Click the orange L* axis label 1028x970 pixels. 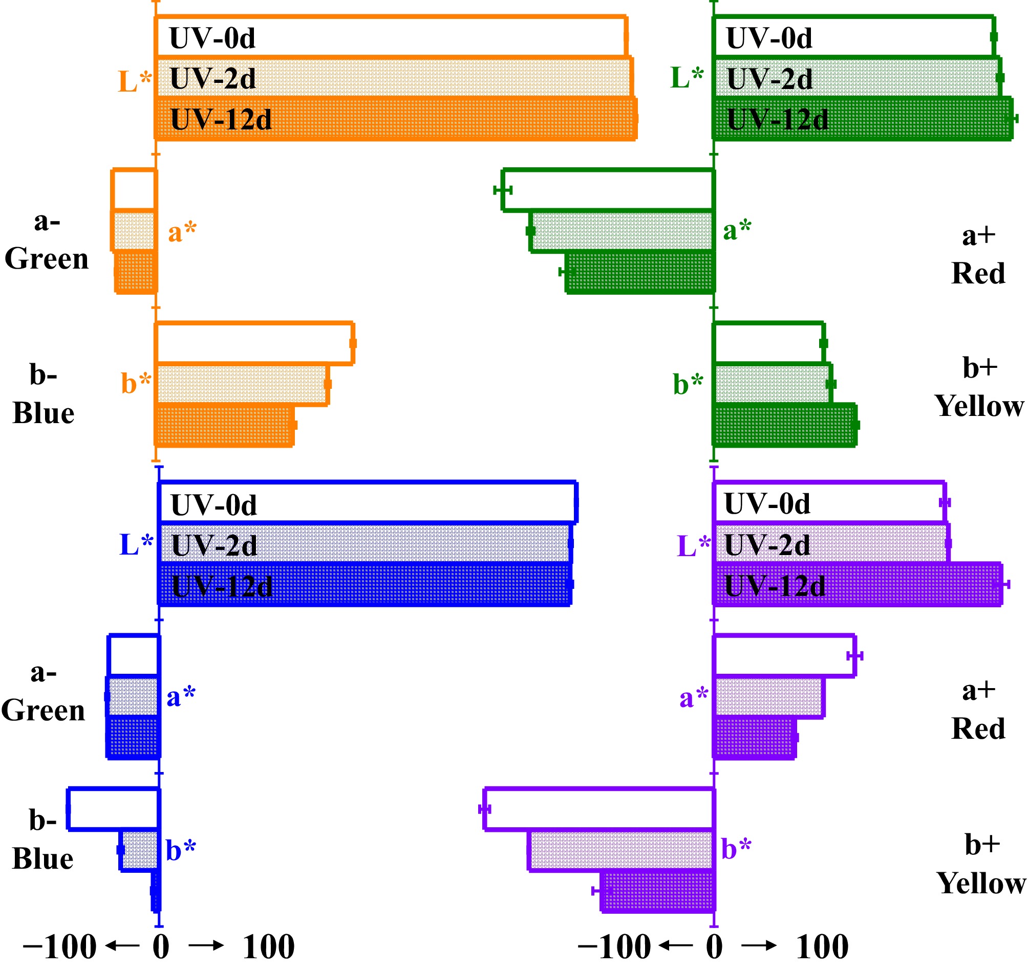[135, 81]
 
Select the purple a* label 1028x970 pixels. [693, 698]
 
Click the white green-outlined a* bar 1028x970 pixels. [608, 190]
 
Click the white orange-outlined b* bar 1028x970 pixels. [254, 343]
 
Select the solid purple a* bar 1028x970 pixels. [754, 739]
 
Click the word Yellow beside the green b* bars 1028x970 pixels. [979, 406]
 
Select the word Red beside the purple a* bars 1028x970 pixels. [978, 729]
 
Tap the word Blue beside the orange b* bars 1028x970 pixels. [44, 414]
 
